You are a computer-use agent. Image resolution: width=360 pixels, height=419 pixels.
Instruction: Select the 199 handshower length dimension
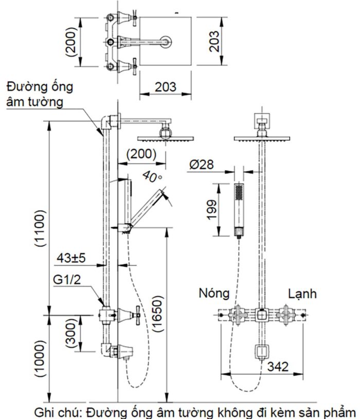click(x=211, y=209)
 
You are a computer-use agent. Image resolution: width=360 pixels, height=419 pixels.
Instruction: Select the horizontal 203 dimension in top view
click(x=166, y=86)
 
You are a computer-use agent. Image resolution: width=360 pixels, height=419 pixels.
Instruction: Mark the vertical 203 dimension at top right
click(x=215, y=41)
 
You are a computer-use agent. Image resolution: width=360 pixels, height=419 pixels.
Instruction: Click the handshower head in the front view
click(x=239, y=193)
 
